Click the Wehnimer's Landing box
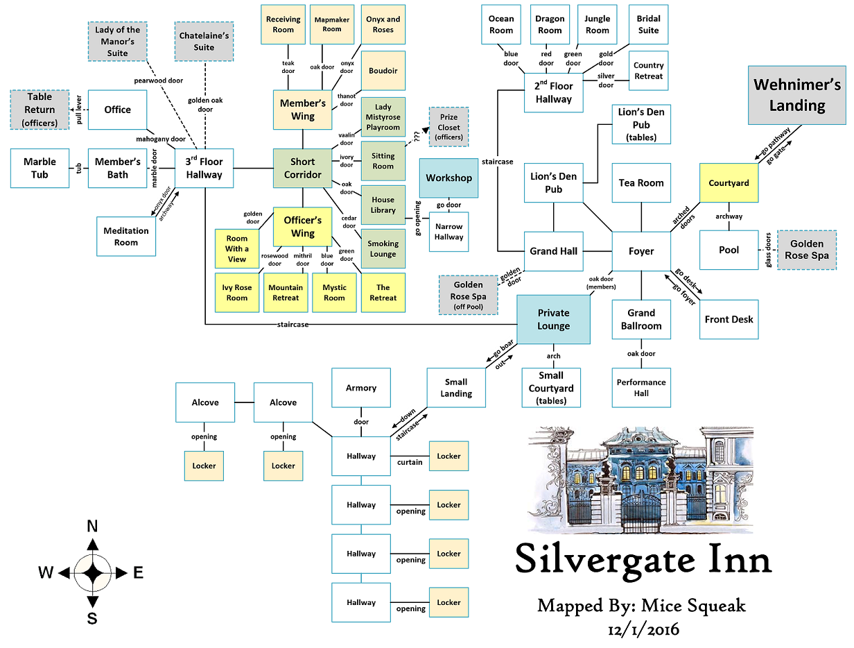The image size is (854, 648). coord(797,95)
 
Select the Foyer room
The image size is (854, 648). coord(641,251)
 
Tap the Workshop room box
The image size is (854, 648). coord(448,178)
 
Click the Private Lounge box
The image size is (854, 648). coord(553,319)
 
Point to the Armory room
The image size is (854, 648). coord(361,388)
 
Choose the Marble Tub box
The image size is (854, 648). coord(40,168)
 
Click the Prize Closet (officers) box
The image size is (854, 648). coord(448,127)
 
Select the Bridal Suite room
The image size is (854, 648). coord(648,24)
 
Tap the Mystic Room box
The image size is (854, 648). coord(334,292)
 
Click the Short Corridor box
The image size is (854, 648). coord(302,168)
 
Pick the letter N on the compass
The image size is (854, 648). coord(91,527)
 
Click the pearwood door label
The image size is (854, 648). coord(159,81)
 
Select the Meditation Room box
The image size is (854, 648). coord(126,237)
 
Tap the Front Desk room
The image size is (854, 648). coord(729,319)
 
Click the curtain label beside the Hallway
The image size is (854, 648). coord(410,462)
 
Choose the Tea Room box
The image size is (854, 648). coord(641,183)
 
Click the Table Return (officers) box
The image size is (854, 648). coord(40,110)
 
